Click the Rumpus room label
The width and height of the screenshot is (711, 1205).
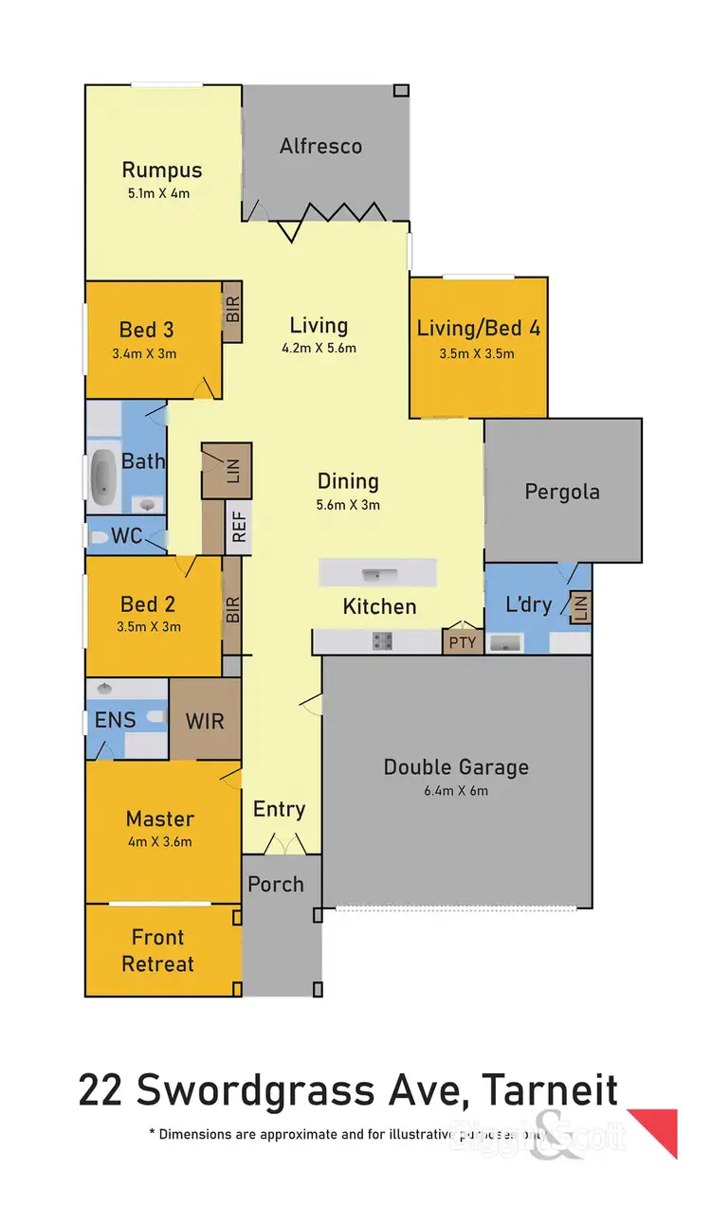pyautogui.click(x=162, y=171)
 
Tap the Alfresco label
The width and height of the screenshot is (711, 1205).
pyautogui.click(x=320, y=146)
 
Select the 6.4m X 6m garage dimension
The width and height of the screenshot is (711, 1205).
pyautogui.click(x=456, y=791)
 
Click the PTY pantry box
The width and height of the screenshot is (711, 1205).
pyautogui.click(x=464, y=642)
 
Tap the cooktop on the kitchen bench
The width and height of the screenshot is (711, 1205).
pyautogui.click(x=382, y=641)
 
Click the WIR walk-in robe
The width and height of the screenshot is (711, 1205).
pyautogui.click(x=205, y=720)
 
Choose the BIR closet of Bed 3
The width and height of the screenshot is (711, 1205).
pyautogui.click(x=232, y=312)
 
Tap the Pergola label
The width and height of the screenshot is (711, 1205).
pyautogui.click(x=562, y=492)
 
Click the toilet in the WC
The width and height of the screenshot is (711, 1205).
pyautogui.click(x=98, y=537)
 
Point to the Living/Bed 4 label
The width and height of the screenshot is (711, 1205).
pyautogui.click(x=479, y=329)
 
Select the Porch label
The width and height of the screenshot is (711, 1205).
pyautogui.click(x=276, y=884)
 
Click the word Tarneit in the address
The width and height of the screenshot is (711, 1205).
pyautogui.click(x=550, y=1091)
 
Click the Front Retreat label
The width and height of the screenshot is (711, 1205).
pyautogui.click(x=157, y=950)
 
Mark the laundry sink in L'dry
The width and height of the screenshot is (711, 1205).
pyautogui.click(x=503, y=643)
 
